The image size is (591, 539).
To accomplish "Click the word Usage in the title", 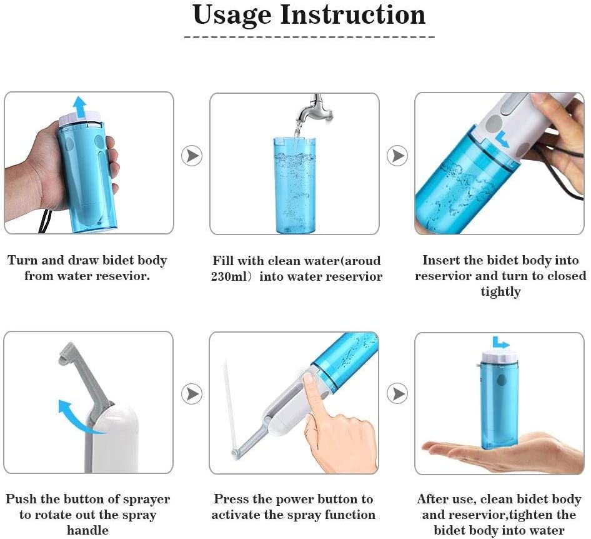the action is click(x=232, y=16).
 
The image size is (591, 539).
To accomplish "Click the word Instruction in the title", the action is click(x=353, y=14).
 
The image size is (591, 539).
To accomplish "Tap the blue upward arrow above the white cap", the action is click(x=79, y=104).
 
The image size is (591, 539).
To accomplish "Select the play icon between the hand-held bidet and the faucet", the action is click(x=192, y=156).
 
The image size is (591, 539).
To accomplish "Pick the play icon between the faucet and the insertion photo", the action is click(x=397, y=156).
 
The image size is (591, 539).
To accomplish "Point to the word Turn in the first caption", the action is click(x=22, y=260).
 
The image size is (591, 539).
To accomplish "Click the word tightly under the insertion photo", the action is click(x=500, y=292).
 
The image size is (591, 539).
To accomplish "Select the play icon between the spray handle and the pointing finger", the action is click(x=192, y=394).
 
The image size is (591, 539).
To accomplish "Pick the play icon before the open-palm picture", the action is click(x=397, y=394).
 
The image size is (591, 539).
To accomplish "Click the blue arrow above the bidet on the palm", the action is click(x=500, y=343).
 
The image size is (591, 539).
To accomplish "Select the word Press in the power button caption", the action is click(x=232, y=499).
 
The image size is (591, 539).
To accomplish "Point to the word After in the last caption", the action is click(x=434, y=499).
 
